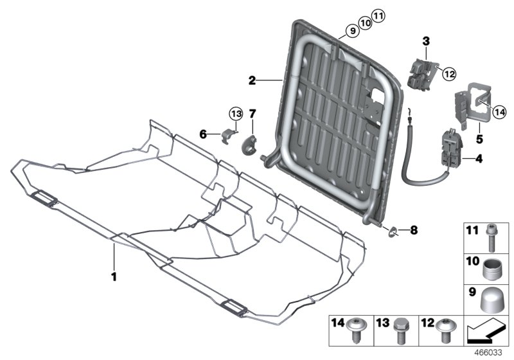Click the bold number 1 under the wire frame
[114, 278]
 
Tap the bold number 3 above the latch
[425, 42]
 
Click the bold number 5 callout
[478, 137]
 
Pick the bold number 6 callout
[203, 134]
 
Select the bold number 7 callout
[252, 114]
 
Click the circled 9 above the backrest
[351, 30]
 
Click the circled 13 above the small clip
[235, 114]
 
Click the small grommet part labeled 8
[393, 231]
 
